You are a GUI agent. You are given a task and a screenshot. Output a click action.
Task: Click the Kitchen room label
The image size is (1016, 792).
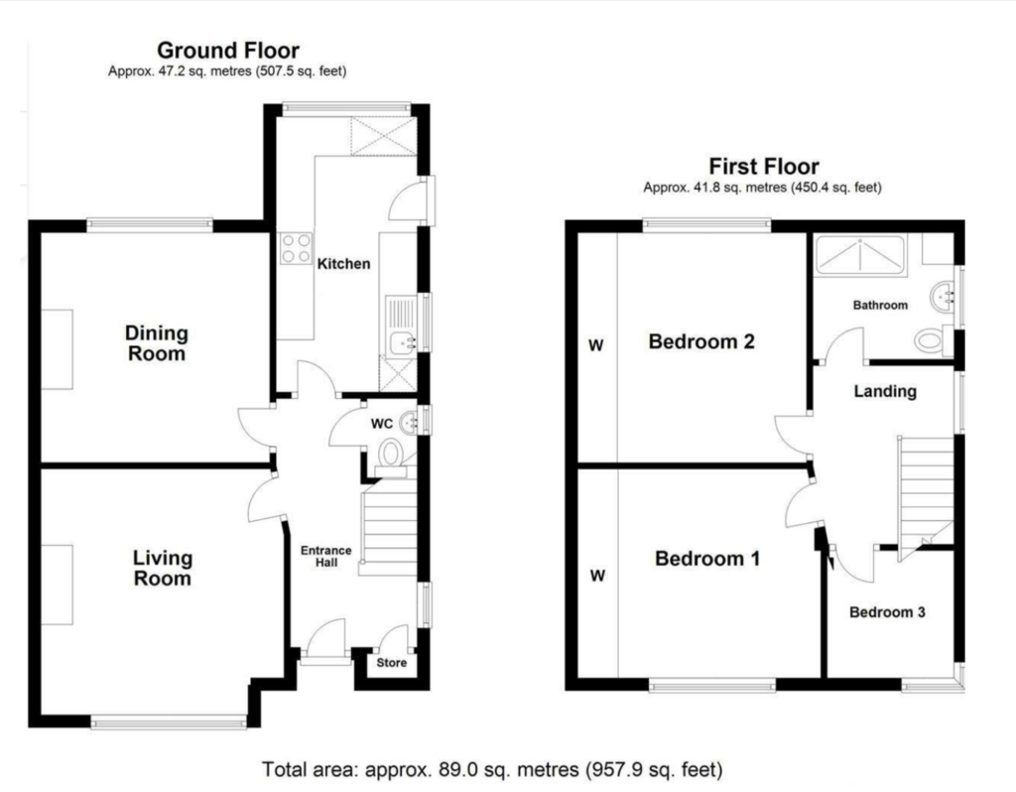[x=343, y=264]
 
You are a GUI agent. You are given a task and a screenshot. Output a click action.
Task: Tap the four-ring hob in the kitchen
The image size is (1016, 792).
[x=296, y=248]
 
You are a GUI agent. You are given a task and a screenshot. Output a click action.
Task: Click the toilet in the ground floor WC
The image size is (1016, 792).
[x=391, y=453]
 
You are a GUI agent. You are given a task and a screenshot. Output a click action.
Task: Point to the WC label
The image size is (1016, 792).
[x=382, y=424]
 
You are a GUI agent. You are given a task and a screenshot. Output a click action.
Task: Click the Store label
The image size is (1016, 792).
[x=391, y=662]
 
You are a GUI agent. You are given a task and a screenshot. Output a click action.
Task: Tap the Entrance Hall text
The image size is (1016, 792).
[x=325, y=556]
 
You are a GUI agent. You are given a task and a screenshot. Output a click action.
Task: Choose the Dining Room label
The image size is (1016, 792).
[x=157, y=342]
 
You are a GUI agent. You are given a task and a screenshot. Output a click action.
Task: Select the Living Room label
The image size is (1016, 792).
[x=163, y=568]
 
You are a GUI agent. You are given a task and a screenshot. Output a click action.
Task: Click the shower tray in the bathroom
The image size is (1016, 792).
[x=860, y=254]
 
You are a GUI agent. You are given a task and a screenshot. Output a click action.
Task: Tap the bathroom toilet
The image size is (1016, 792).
[x=931, y=339]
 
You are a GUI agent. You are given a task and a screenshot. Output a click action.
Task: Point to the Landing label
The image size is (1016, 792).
[x=885, y=391]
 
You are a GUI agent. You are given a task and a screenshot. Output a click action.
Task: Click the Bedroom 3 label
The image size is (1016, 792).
[x=887, y=611]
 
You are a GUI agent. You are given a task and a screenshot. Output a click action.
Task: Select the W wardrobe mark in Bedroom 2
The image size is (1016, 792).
[x=596, y=345]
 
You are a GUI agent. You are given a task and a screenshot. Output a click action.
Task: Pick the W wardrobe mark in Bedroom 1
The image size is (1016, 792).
[x=598, y=575]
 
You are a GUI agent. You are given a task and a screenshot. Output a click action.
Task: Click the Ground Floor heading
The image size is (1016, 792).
[x=228, y=50]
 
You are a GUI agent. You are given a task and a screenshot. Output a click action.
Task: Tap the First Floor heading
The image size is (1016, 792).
[x=764, y=167]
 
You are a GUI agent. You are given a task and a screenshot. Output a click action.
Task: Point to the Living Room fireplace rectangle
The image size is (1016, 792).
[x=57, y=585]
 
